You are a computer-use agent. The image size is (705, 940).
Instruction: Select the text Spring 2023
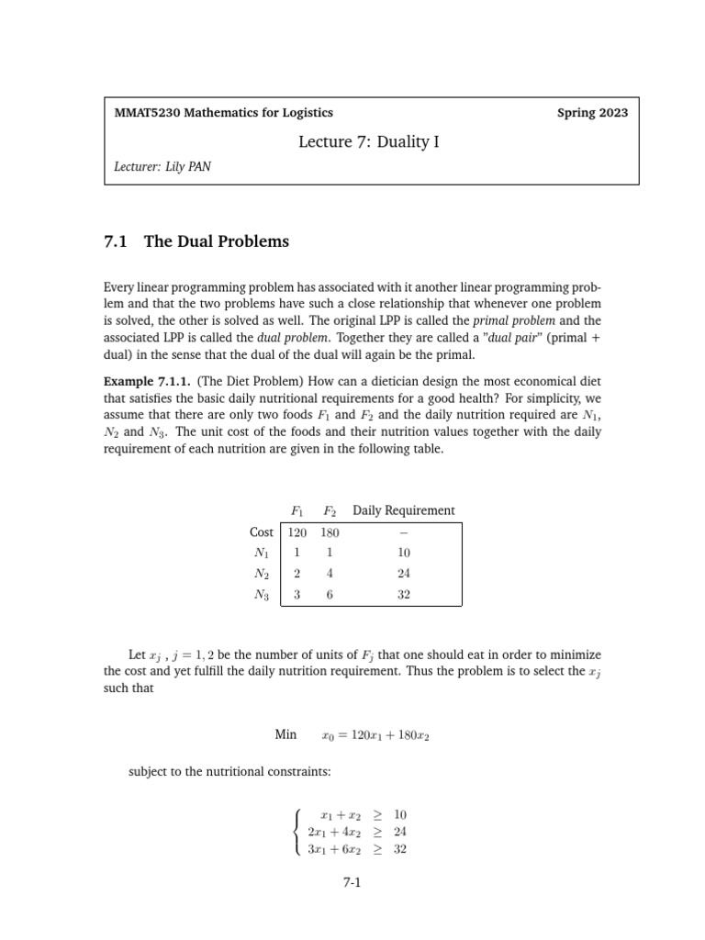(x=592, y=113)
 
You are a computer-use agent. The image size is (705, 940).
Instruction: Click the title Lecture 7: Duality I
(x=363, y=141)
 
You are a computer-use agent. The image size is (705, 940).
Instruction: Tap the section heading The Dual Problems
(x=217, y=241)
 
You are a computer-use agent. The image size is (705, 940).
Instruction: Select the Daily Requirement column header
(x=403, y=510)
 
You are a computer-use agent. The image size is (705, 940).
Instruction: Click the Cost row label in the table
(x=262, y=532)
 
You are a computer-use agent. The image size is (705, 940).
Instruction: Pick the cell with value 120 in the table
(x=297, y=532)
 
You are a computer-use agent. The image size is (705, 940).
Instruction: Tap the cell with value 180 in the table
(x=330, y=532)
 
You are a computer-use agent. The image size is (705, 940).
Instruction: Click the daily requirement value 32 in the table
(x=404, y=595)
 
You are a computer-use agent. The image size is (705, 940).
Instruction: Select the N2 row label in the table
(x=263, y=574)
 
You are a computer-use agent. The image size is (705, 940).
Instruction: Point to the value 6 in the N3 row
(x=330, y=595)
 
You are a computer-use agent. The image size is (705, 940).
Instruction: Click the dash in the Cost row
(x=404, y=532)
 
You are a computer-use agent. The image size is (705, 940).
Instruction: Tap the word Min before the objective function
(x=286, y=734)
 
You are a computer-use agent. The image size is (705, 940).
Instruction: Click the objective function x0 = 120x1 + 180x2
(x=375, y=735)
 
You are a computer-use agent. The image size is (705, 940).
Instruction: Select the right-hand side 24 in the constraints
(x=399, y=832)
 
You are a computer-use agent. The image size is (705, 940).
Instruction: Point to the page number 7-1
(x=352, y=883)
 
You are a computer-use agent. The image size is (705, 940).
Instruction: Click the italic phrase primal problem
(x=515, y=320)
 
